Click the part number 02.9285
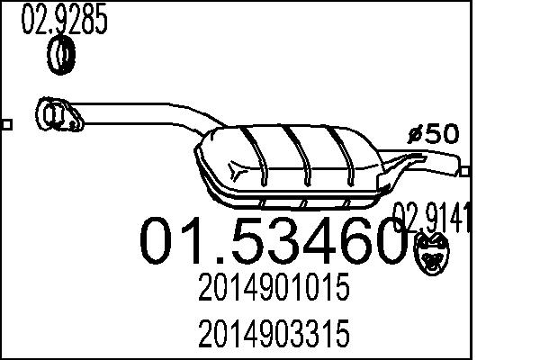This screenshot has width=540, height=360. pyautogui.click(x=64, y=21)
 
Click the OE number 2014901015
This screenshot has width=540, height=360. pyautogui.click(x=270, y=291)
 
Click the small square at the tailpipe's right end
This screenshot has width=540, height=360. pyautogui.click(x=465, y=169)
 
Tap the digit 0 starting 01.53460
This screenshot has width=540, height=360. pyautogui.click(x=161, y=239)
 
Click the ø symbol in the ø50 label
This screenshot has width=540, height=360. pyautogui.click(x=415, y=135)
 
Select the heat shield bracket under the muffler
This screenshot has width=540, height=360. pyautogui.click(x=306, y=201)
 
